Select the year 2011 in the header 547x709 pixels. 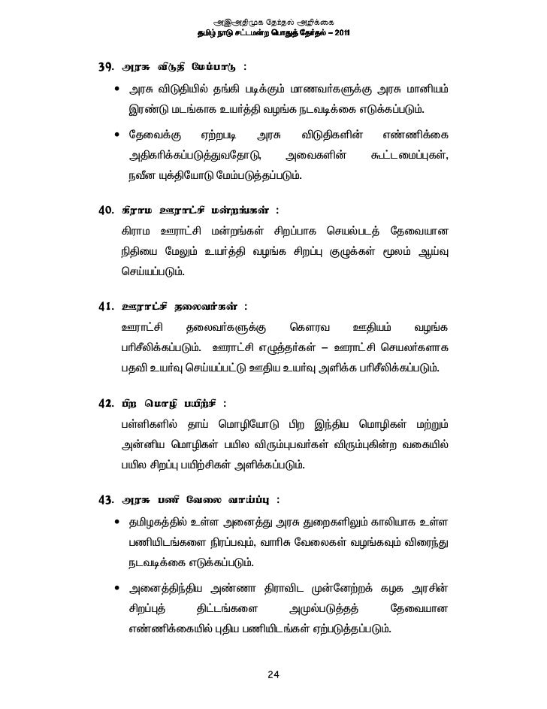(x=338, y=34)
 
